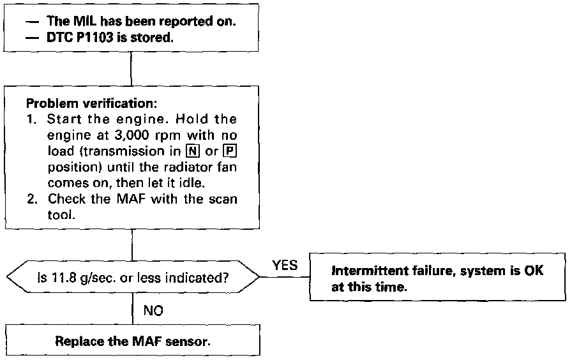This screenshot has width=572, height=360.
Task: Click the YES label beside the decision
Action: click(285, 266)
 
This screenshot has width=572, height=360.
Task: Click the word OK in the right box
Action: click(536, 271)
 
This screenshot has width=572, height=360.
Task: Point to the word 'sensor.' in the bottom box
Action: click(189, 341)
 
